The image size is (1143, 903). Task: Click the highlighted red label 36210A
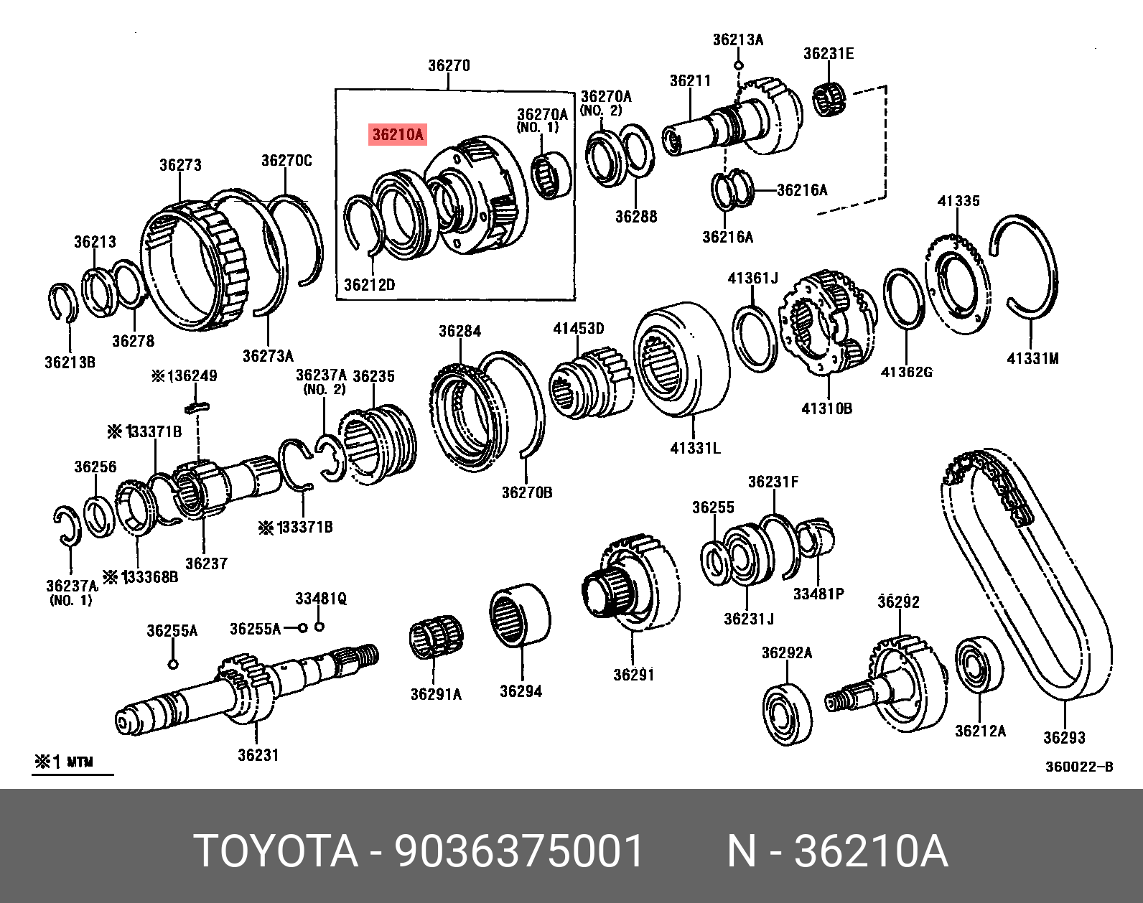pos(398,134)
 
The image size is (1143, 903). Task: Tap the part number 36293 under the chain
pos(1064,738)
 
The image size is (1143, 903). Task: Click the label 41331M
pos(1032,358)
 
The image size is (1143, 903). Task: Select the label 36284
pos(459,331)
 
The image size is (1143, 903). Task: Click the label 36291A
pos(436,694)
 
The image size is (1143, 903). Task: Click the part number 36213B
pos(70,362)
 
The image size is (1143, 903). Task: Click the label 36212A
pos(980,731)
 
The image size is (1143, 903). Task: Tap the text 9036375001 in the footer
pos(519,851)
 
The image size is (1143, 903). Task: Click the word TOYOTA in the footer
pos(276,851)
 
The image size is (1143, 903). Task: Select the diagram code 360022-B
pos(1078,767)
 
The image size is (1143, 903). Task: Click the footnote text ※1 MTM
pos(65,762)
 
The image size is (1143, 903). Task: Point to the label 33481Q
pos(320,599)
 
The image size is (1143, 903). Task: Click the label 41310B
pos(826,408)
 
